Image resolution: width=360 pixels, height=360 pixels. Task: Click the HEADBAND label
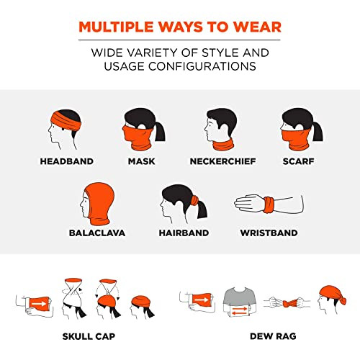point(67,161)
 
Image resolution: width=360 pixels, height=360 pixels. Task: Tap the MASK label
point(143,161)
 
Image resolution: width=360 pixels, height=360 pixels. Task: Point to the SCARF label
point(298,161)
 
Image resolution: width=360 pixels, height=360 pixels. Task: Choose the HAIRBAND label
point(184,233)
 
